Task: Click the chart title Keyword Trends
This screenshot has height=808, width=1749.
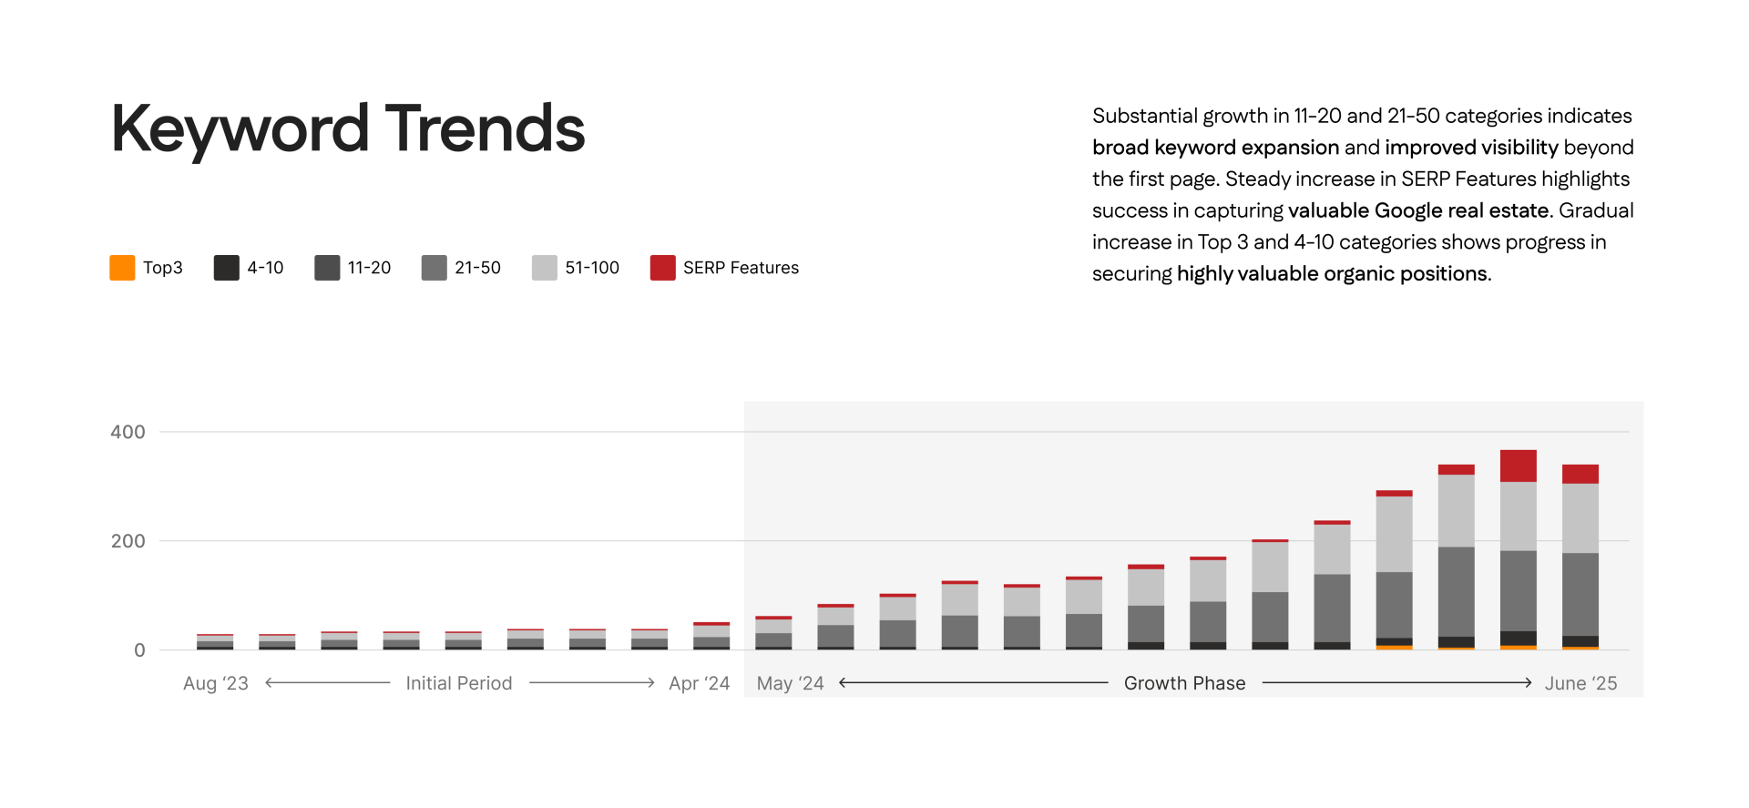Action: (347, 128)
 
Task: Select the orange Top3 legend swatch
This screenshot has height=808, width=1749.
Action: (122, 268)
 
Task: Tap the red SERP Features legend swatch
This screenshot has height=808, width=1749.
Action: (662, 268)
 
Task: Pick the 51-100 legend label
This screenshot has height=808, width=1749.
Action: (591, 268)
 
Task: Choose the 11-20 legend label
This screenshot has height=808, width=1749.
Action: (369, 268)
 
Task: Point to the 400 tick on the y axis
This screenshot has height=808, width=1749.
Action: (128, 432)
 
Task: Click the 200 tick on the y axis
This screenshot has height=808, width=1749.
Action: (128, 541)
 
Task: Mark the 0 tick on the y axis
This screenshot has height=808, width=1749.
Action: (139, 650)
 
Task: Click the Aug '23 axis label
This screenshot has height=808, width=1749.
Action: (216, 683)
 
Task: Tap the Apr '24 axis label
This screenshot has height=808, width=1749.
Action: (699, 683)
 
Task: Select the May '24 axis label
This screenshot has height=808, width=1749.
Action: (790, 683)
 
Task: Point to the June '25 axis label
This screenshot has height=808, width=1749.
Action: (1580, 683)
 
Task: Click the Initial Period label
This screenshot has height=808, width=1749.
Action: (459, 683)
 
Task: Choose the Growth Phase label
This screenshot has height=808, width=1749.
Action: (1184, 683)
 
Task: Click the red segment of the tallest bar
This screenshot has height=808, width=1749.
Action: (1518, 465)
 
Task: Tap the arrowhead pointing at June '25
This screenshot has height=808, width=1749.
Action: (1529, 682)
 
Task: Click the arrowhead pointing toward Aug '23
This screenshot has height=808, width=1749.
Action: (269, 682)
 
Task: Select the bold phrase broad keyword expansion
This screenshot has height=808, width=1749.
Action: (1215, 148)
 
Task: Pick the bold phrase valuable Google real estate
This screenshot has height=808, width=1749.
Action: (1418, 210)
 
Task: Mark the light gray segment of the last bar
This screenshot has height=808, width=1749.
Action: (1580, 517)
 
